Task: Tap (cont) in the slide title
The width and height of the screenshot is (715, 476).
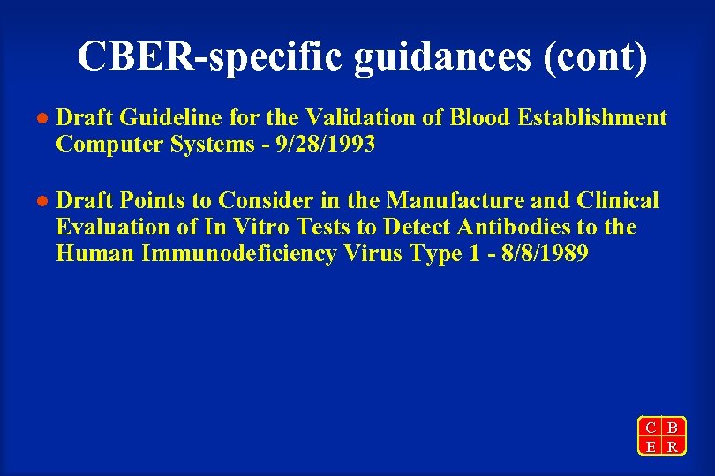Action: (596, 56)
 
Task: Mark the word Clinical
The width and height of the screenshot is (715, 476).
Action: (617, 201)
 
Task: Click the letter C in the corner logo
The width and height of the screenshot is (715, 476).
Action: (651, 428)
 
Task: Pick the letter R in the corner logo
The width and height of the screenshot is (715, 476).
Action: (673, 446)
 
